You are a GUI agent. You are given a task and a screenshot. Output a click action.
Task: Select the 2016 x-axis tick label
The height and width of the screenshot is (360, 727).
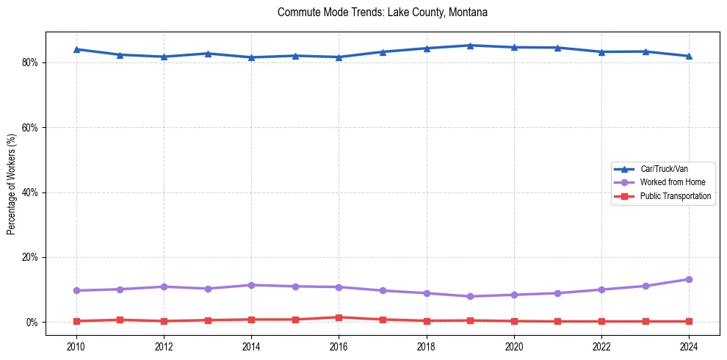pyautogui.click(x=339, y=346)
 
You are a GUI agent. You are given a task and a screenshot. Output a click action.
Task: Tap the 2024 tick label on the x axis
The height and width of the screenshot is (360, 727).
pyautogui.click(x=689, y=346)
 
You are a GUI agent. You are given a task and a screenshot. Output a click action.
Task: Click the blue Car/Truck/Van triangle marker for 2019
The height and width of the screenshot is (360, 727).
pyautogui.click(x=470, y=46)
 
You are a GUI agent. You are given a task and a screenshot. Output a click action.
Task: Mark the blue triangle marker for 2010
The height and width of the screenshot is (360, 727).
pyautogui.click(x=76, y=49)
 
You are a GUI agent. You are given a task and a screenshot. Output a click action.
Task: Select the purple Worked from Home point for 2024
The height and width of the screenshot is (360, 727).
pyautogui.click(x=689, y=279)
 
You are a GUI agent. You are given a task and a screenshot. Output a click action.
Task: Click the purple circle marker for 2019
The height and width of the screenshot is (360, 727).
pyautogui.click(x=470, y=297)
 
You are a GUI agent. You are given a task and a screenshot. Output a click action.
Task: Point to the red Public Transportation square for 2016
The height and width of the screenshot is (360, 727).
pyautogui.click(x=339, y=317)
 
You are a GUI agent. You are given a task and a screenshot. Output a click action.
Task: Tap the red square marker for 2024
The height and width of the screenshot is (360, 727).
pyautogui.click(x=689, y=321)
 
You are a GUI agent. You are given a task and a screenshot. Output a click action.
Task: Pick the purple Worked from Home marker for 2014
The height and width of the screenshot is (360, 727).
pyautogui.click(x=251, y=285)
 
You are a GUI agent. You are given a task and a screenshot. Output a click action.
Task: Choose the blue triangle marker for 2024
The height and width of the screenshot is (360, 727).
pyautogui.click(x=689, y=56)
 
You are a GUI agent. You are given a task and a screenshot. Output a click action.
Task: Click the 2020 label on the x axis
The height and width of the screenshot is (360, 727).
pyautogui.click(x=514, y=346)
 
